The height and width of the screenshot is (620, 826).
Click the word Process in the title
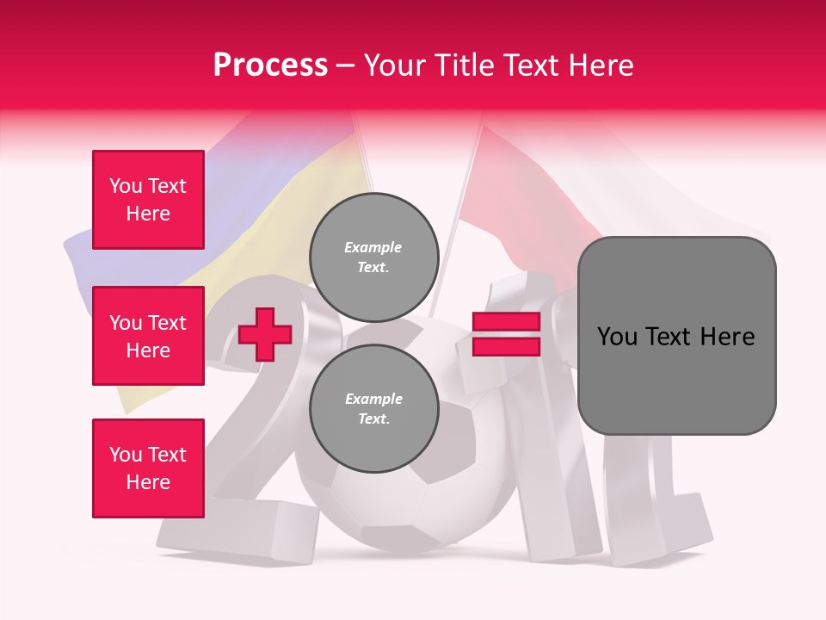(270, 65)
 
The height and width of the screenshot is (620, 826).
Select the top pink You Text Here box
(148, 200)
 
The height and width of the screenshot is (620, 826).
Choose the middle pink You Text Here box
(148, 336)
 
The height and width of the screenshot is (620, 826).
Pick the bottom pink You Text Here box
(148, 468)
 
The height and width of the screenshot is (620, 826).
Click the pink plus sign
(265, 333)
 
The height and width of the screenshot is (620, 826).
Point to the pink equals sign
(506, 334)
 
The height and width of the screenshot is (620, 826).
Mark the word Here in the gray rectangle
(730, 337)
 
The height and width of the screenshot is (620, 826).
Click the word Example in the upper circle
(373, 247)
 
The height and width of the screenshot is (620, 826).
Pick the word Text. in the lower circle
(373, 419)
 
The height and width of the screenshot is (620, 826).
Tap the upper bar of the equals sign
(506, 322)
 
